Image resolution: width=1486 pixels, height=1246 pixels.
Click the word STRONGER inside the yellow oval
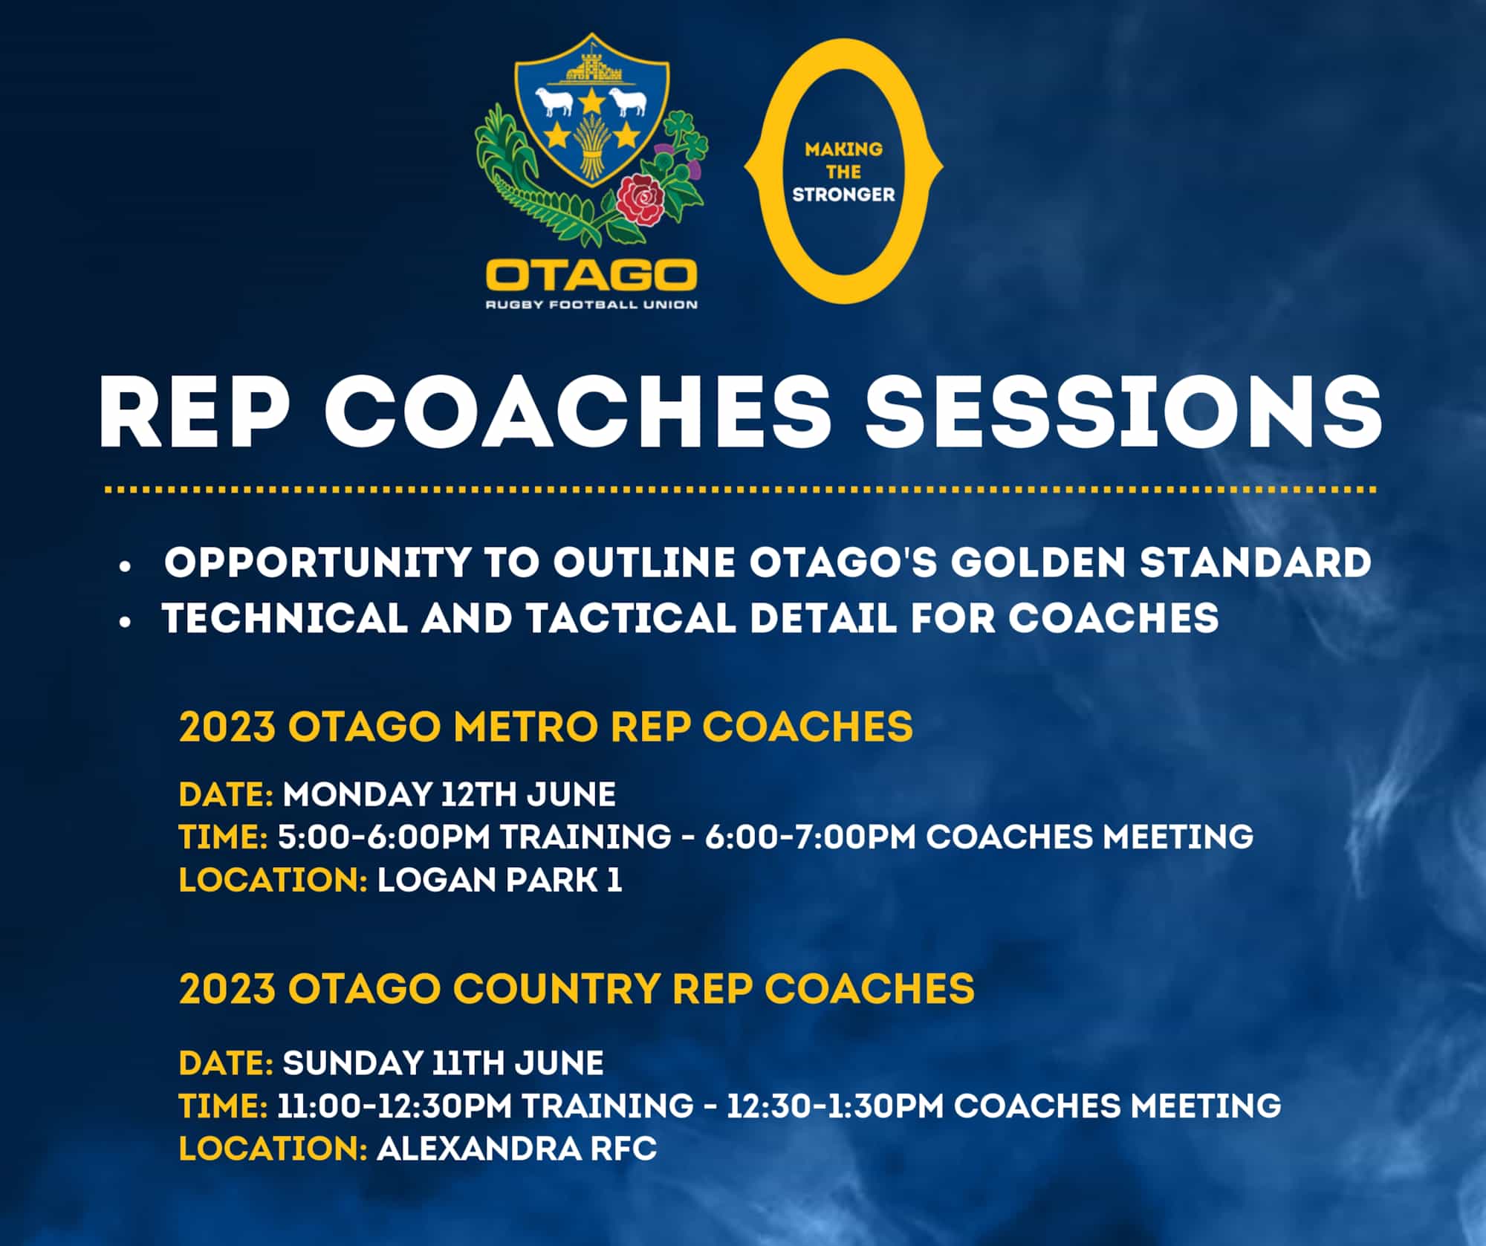click(x=843, y=195)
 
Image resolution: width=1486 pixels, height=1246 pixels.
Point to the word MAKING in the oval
click(x=843, y=149)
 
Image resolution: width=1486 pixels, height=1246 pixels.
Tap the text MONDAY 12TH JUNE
click(x=449, y=794)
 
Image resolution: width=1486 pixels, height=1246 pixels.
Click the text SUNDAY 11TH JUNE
click(x=443, y=1063)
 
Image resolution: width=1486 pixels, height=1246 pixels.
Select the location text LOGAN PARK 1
click(x=499, y=880)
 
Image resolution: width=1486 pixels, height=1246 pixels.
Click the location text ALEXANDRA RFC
click(x=516, y=1149)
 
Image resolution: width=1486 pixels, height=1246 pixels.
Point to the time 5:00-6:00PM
click(x=383, y=837)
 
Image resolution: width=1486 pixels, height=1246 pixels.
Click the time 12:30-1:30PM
click(x=835, y=1106)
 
